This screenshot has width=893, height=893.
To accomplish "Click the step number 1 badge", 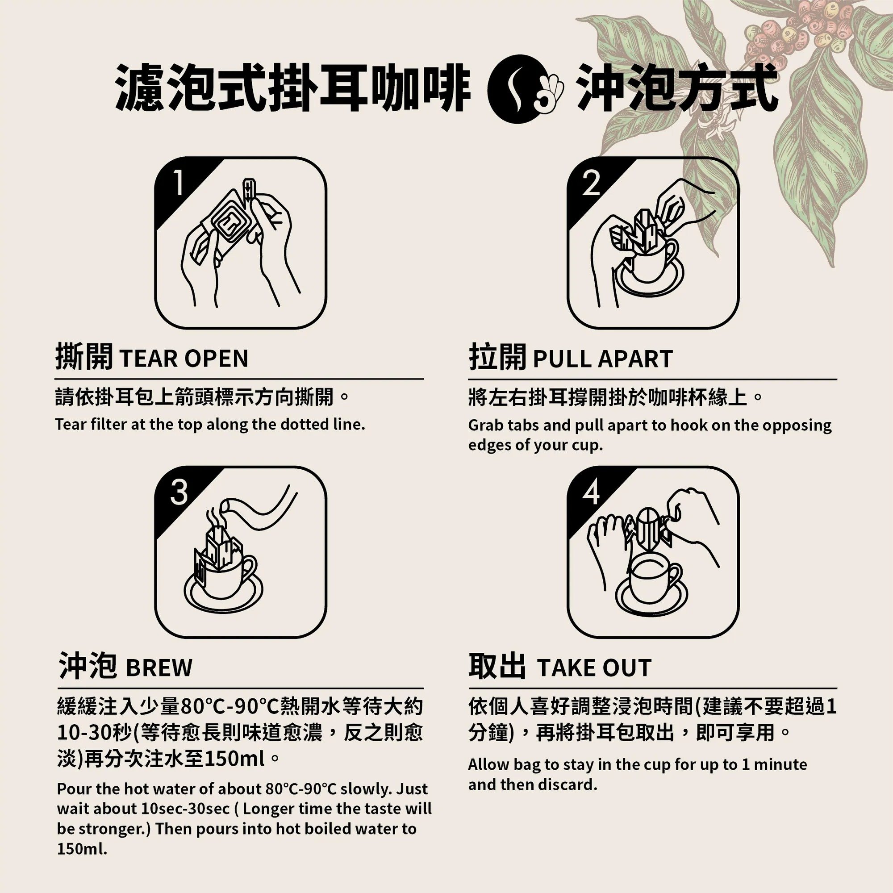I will point(178,184).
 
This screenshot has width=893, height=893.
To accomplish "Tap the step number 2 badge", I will point(591,184).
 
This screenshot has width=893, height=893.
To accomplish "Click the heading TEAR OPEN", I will point(184,358).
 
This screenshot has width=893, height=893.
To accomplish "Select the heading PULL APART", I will point(603,358).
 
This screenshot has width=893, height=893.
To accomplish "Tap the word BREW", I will point(159,668).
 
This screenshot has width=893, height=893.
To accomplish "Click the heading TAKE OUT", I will point(594,668).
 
